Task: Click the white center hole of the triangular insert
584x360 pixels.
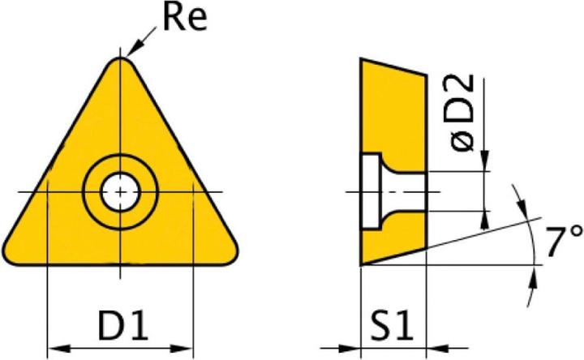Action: pos(120,192)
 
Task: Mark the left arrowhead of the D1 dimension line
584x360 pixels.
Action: pos(54,351)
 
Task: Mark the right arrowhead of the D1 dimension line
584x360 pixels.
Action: pos(187,351)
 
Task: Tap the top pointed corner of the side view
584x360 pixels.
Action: pos(362,60)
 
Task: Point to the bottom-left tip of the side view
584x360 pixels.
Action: pos(362,264)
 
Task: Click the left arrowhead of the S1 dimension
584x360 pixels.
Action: pos(353,351)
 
